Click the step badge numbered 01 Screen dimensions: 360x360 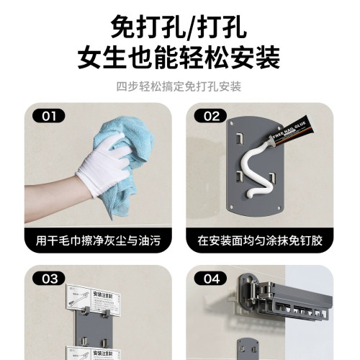[48, 115]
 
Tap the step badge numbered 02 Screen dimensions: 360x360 [210, 115]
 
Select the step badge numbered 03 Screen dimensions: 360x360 [48, 278]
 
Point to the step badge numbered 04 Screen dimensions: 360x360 [210, 278]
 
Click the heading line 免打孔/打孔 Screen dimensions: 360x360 [179, 27]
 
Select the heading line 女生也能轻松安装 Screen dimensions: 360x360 [179, 58]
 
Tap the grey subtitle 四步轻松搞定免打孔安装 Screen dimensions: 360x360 [179, 87]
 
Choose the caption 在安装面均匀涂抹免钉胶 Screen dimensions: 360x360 [260, 240]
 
